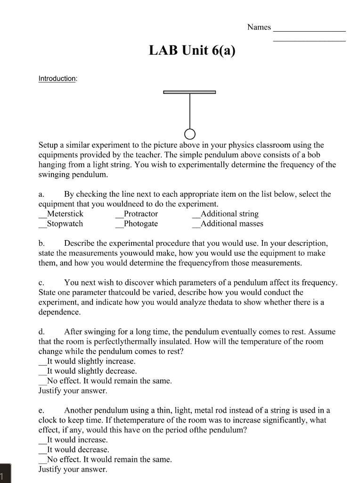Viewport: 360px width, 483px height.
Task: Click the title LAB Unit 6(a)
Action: coord(192,50)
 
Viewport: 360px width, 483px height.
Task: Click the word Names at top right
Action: coord(259,27)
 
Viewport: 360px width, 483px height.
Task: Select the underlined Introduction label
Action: coord(57,79)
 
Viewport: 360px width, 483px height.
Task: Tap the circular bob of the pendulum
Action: coord(189,133)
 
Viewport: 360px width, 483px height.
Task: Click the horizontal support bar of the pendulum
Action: coord(189,92)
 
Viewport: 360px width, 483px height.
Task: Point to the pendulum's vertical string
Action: coord(189,111)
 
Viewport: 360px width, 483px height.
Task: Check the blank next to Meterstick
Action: coord(42,214)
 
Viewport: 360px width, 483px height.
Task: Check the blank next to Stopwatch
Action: coord(42,224)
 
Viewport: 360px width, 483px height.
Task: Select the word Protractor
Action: coord(140,214)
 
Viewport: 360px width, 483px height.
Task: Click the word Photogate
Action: coord(140,224)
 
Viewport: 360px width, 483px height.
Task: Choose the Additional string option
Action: coord(229,214)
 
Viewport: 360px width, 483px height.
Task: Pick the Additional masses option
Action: coord(231,224)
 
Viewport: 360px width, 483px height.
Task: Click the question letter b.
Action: coord(41,243)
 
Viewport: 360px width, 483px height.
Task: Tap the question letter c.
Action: coord(41,283)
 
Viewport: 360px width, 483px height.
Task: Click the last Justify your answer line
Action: coord(73,469)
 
